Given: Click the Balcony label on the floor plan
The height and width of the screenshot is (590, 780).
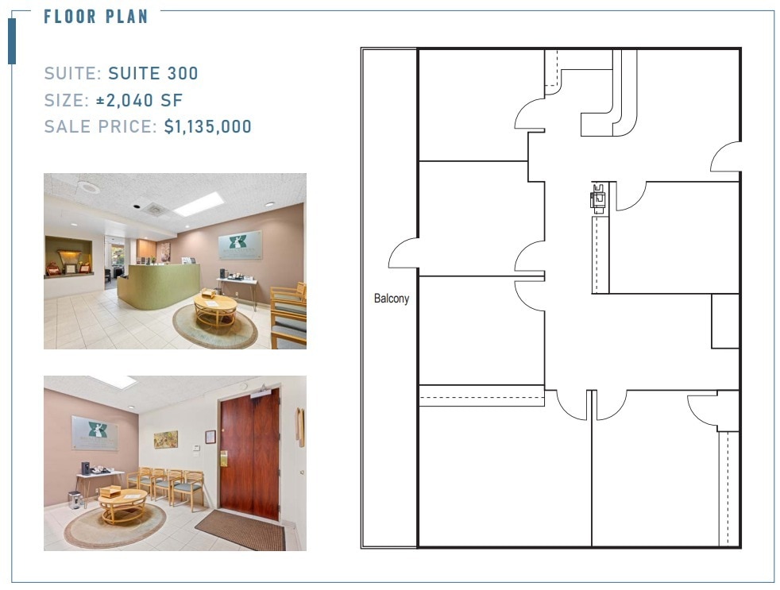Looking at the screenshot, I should tap(392, 299).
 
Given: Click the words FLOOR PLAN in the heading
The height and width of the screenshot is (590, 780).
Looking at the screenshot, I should tap(96, 17).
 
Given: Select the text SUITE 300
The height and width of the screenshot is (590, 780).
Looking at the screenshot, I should tap(153, 74).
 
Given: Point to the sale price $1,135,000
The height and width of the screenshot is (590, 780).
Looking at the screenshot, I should tap(208, 126).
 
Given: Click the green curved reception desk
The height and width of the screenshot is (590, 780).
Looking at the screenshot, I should tap(159, 286).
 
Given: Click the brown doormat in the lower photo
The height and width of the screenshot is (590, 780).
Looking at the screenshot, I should tap(240, 530).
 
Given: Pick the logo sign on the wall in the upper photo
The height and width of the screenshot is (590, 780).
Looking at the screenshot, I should tap(240, 245).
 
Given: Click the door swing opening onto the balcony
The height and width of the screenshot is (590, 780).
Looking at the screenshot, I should tap(403, 254).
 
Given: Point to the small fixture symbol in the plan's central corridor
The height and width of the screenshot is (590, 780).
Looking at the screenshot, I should tap(597, 196).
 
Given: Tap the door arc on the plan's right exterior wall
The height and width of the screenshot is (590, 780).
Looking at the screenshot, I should tap(724, 158).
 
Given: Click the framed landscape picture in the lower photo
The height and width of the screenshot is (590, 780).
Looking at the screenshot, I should tap(166, 439).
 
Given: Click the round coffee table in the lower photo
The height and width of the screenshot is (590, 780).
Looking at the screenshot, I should tap(122, 504).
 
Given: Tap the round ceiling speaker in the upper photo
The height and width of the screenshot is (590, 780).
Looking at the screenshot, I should tap(89, 187).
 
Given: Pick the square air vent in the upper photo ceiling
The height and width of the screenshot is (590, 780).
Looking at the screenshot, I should tap(154, 209).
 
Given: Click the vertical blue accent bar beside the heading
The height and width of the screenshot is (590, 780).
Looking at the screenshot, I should tap(12, 40).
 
